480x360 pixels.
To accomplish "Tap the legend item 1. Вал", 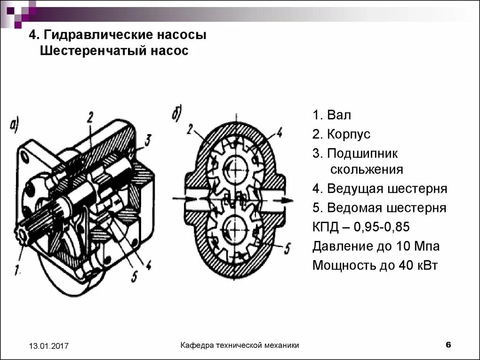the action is pos(332,115).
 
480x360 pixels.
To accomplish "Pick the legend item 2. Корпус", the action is pos(341,135).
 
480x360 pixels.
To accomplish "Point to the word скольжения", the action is pos(367,169).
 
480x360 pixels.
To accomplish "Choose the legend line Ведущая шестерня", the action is pos(380,189).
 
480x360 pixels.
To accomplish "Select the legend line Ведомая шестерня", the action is pos(380,208).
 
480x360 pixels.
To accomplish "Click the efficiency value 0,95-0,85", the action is pos(382,227).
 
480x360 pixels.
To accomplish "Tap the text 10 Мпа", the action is pos(418,246).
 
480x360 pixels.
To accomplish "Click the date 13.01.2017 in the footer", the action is pos(49,346).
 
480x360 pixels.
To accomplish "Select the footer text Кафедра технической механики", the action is pos(240,345).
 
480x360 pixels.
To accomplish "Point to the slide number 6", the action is pos(448,345).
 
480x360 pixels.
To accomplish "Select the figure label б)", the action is pos(178,113).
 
